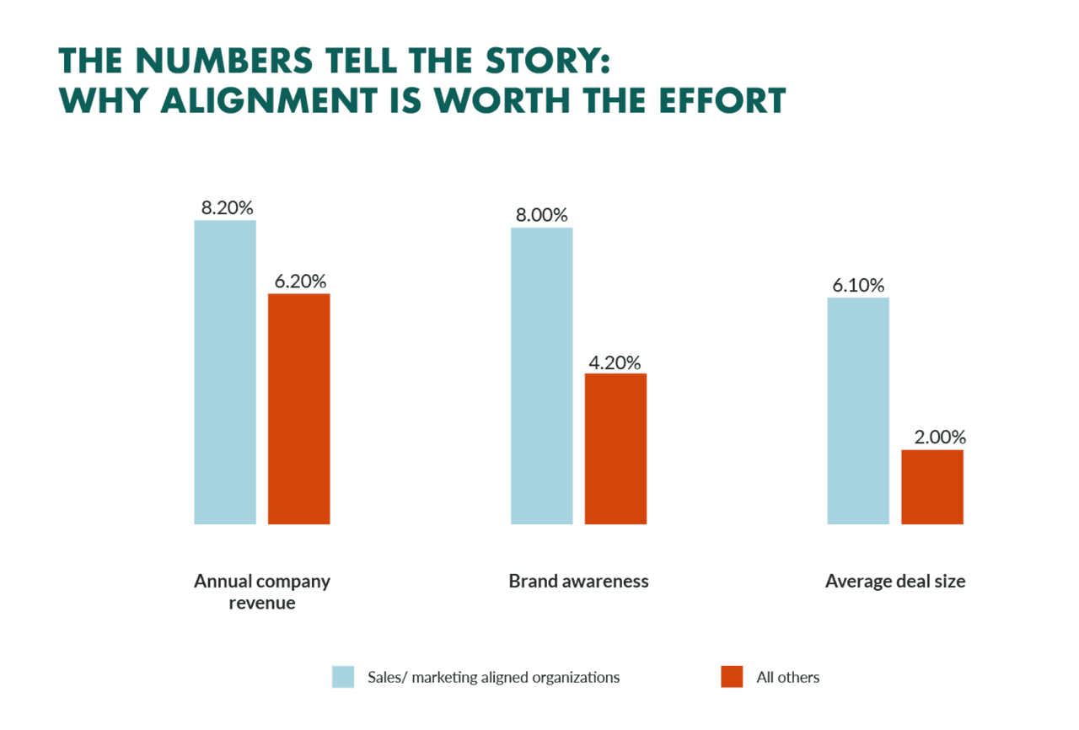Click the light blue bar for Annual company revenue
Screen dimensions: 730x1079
pos(225,372)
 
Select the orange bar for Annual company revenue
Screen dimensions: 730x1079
pos(298,409)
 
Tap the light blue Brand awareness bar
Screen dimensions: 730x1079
pos(542,376)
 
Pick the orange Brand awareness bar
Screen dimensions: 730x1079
pos(615,448)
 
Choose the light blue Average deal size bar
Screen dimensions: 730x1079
pos(858,411)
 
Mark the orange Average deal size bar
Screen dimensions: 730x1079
pos(931,486)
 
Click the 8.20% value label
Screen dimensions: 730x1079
pos(227,207)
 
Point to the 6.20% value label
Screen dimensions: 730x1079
pos(300,281)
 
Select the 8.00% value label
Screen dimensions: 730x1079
pos(542,215)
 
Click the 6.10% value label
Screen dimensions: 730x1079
pos(858,285)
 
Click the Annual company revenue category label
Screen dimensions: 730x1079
pos(262,592)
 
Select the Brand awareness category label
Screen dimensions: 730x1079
pos(579,581)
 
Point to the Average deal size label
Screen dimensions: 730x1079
pos(895,581)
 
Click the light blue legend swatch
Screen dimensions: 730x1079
pos(342,677)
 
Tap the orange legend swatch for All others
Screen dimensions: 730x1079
pos(732,677)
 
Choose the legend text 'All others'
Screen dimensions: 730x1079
pos(788,677)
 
